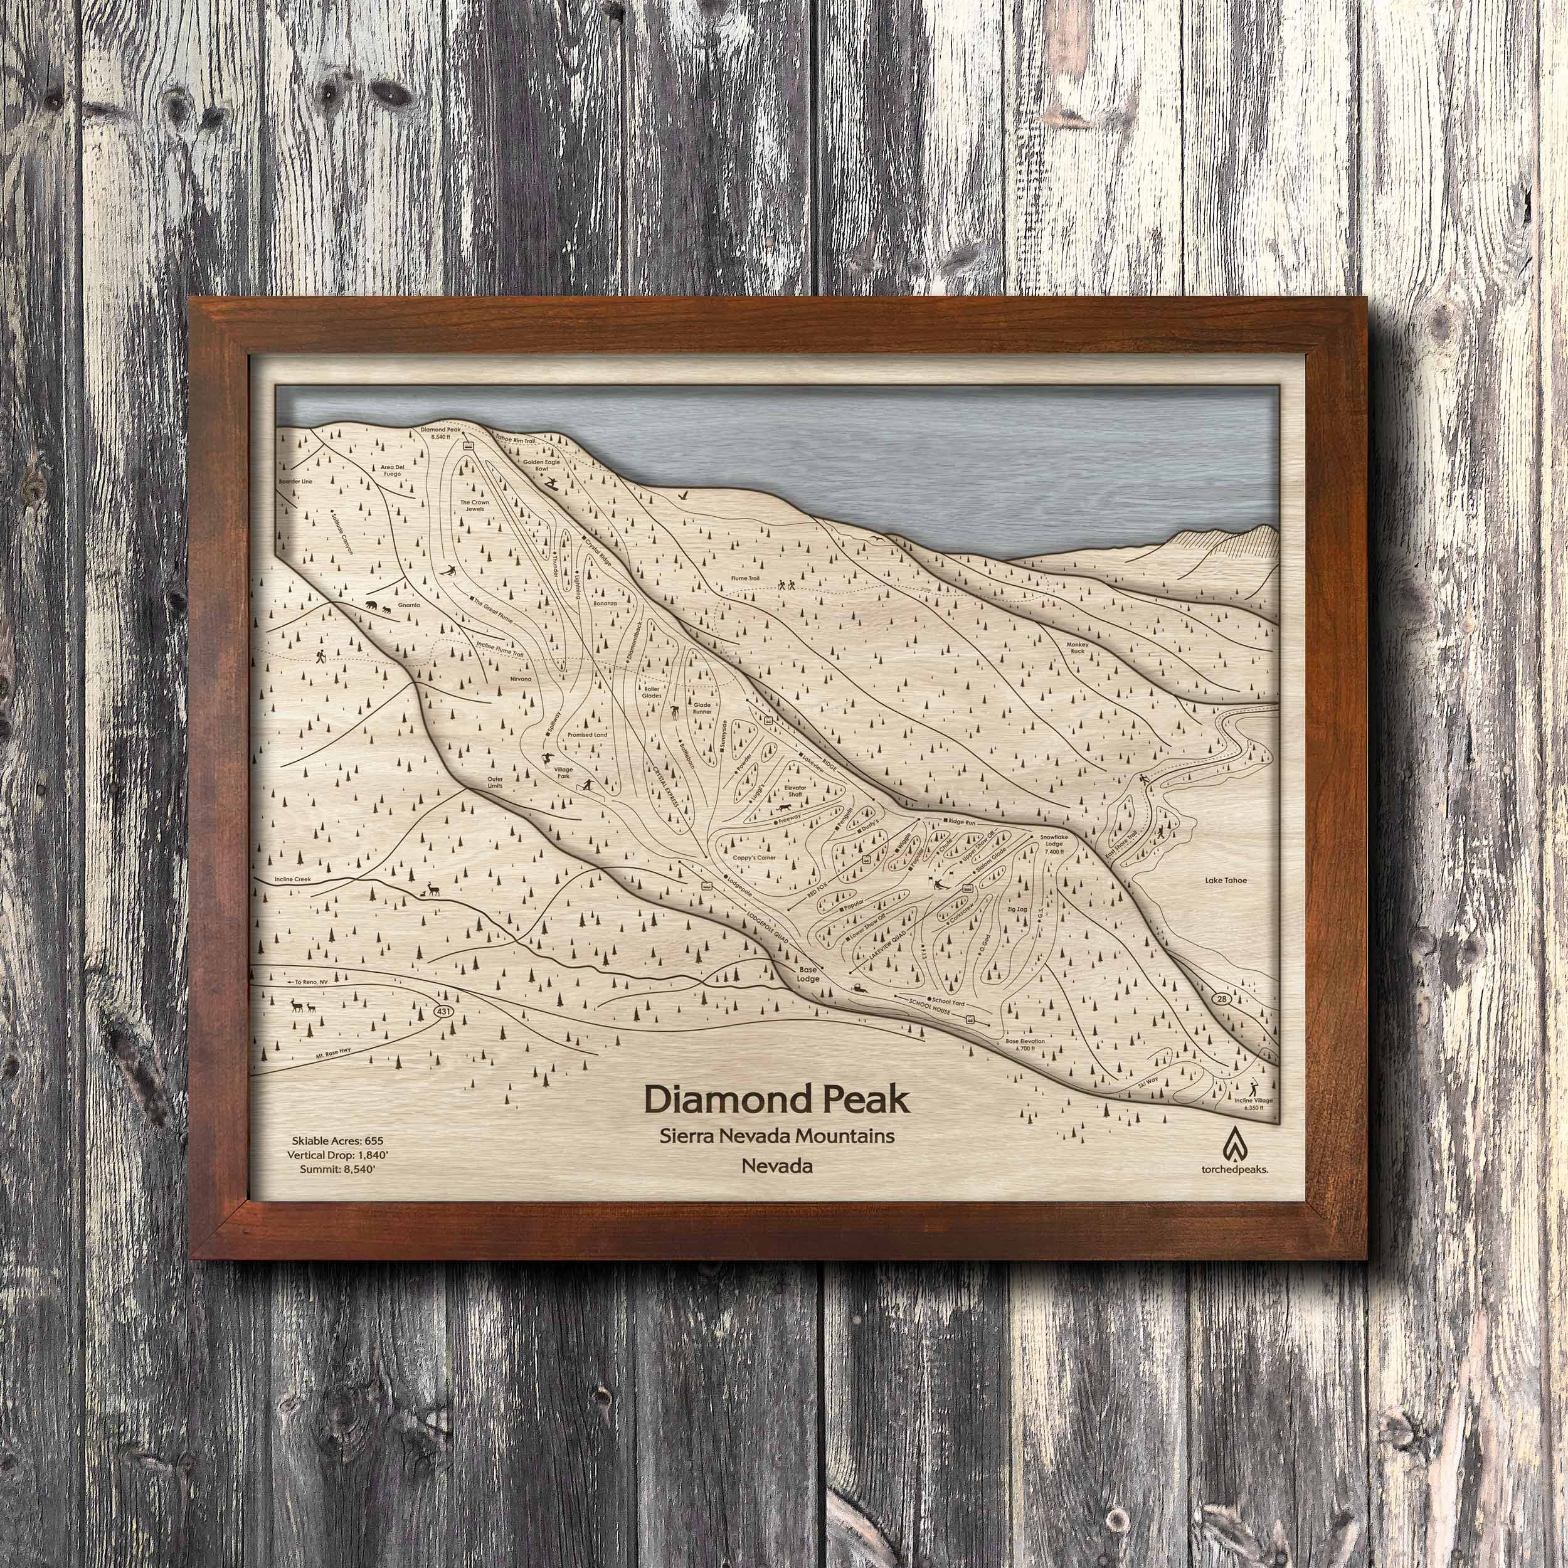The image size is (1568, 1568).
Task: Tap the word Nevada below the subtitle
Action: pos(776,1166)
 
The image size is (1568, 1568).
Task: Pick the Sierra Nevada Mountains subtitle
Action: pos(776,1135)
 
